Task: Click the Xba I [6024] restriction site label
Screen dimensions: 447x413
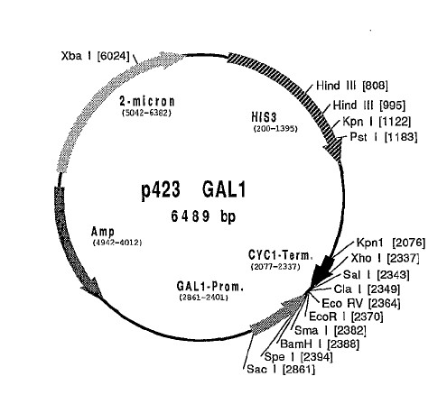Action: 95,56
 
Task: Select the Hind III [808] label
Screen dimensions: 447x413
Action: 352,86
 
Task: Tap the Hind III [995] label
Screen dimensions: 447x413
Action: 369,106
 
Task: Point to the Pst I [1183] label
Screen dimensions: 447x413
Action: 384,137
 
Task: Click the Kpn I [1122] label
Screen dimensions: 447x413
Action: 377,122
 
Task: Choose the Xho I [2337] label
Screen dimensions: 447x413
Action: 385,258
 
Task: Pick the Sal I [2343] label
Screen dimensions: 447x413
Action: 377,274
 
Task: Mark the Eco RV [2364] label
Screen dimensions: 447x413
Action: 361,303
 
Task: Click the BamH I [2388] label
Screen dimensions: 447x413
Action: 320,344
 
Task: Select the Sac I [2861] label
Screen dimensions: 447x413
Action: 281,369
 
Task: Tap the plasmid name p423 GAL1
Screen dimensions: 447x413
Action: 193,190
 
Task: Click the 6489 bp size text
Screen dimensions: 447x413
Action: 203,216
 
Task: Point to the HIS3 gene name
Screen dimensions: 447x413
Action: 264,117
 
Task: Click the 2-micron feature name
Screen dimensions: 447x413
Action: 147,101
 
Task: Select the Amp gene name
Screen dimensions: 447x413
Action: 103,232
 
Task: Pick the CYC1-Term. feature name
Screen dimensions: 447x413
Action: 281,255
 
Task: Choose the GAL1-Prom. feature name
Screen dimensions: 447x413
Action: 210,287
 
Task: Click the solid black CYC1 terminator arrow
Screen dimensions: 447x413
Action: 321,271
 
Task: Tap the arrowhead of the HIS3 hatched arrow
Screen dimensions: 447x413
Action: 333,150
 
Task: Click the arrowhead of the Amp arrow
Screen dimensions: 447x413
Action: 92,288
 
